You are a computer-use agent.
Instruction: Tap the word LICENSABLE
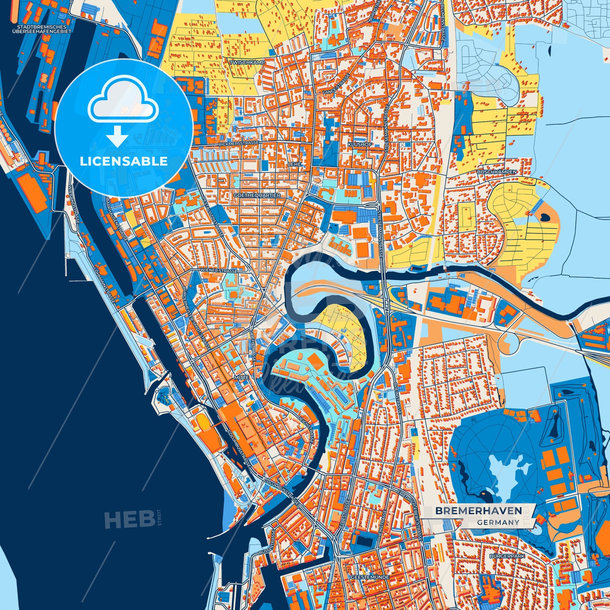[x=124, y=161]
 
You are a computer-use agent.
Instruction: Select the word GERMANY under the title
[x=498, y=522]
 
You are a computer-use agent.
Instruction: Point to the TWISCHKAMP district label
[x=247, y=62]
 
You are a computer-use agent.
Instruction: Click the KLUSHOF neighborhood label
[x=360, y=144]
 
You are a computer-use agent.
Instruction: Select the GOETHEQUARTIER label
[x=257, y=195]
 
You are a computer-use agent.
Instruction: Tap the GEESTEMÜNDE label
[x=370, y=577]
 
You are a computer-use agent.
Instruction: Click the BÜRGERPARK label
[x=507, y=556]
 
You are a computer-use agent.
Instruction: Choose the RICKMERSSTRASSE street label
[x=239, y=144]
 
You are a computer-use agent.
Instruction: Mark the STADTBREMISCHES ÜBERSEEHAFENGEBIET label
[x=42, y=29]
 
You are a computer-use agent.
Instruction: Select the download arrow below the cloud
[x=117, y=136]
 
